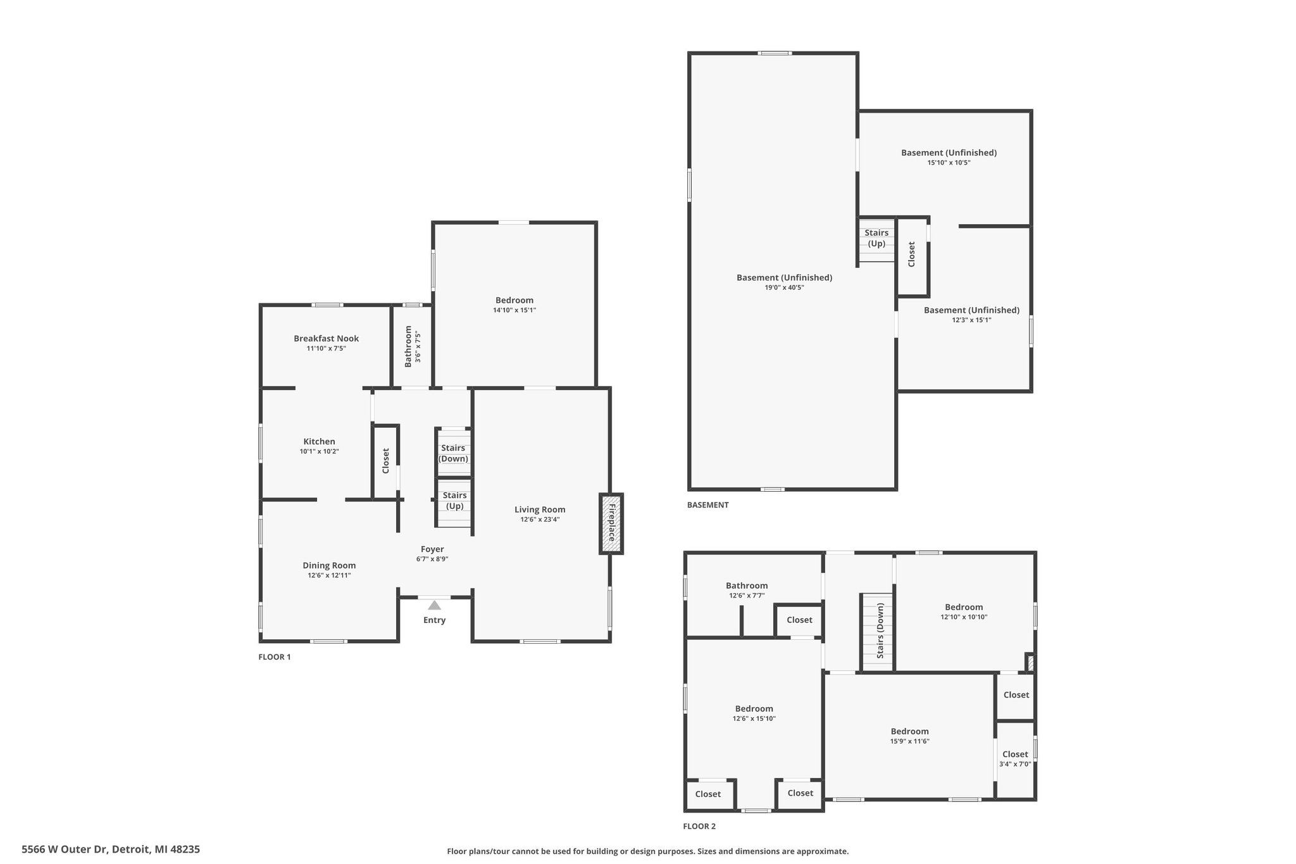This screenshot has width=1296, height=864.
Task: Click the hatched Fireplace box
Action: click(x=611, y=524)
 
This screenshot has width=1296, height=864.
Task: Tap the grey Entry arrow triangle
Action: click(x=434, y=605)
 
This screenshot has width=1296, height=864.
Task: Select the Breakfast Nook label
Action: click(x=326, y=339)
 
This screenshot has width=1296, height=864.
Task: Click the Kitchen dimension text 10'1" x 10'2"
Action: click(x=320, y=451)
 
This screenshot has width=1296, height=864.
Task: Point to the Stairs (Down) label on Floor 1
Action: click(x=453, y=453)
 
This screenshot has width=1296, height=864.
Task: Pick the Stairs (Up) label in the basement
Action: click(x=876, y=238)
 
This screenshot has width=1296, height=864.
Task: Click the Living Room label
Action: click(x=540, y=510)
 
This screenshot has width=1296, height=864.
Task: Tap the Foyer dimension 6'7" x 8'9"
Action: click(x=432, y=559)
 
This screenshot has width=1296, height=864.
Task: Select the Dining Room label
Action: click(x=329, y=565)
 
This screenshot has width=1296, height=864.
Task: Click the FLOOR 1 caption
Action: click(x=275, y=657)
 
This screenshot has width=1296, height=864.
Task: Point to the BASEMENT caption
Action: click(x=708, y=505)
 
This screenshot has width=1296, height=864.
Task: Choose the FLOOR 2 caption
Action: click(x=699, y=826)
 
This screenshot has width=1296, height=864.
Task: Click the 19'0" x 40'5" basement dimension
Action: click(x=784, y=287)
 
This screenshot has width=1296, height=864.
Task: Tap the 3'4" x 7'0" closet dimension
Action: click(x=1015, y=764)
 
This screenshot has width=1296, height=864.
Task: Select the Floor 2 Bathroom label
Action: click(x=747, y=585)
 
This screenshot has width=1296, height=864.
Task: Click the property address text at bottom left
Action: click(x=111, y=849)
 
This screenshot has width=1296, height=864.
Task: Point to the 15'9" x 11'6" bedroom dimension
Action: click(x=910, y=741)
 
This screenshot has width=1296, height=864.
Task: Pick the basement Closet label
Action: click(x=912, y=254)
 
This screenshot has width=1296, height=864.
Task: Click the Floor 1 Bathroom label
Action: click(x=408, y=346)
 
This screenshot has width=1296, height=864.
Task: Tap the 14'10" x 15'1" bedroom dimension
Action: click(x=514, y=310)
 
